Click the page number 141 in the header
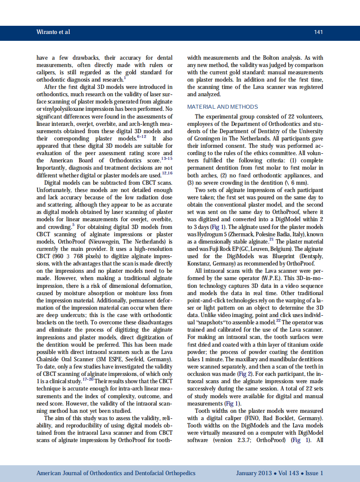point(318,32)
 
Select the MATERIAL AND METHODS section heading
point(223,107)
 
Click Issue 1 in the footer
point(314,473)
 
